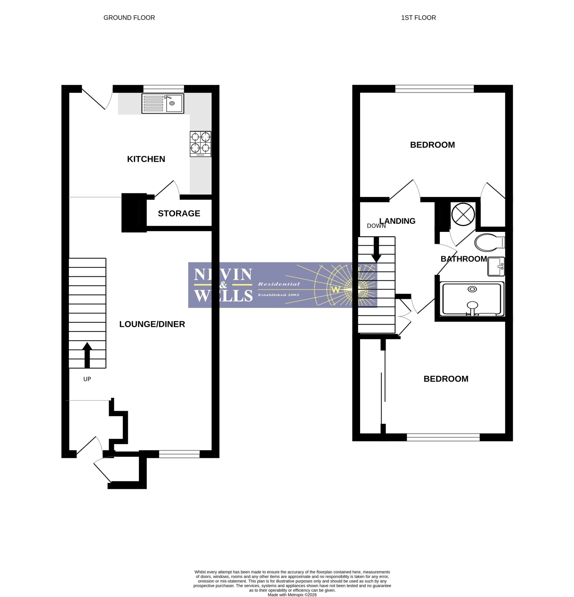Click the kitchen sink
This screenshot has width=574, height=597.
[163, 103]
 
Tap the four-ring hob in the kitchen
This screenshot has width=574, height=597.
[201, 144]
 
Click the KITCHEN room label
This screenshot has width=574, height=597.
[146, 159]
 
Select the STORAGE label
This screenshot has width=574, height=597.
[179, 213]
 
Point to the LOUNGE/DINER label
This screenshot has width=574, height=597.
[152, 324]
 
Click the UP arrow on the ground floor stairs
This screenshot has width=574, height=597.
[87, 355]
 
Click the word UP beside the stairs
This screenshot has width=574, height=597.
[87, 379]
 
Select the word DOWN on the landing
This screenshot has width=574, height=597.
[376, 226]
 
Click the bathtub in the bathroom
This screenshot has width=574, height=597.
[472, 299]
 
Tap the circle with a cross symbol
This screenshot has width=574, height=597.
[463, 214]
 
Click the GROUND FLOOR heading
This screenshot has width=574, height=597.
[129, 18]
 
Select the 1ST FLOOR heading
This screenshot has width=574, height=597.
[419, 18]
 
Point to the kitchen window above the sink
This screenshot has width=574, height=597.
[163, 89]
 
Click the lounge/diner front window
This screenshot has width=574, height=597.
[179, 454]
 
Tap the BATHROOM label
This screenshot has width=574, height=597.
[464, 259]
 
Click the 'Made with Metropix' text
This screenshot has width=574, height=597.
[292, 595]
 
